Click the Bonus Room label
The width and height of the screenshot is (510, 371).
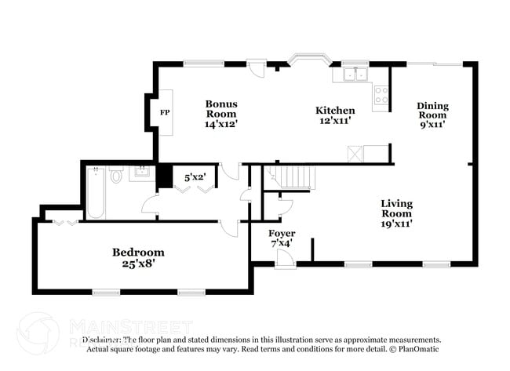click(221, 113)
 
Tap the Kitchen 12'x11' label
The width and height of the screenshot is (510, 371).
click(335, 115)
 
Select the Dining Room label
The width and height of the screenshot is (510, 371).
click(432, 115)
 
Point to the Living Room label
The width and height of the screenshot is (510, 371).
click(396, 213)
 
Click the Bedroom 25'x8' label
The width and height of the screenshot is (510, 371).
click(138, 257)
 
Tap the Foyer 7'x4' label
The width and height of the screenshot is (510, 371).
click(281, 238)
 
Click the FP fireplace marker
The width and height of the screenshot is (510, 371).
click(165, 113)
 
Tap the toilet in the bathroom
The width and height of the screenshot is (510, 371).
click(116, 175)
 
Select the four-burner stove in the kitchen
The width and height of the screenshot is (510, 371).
click(381, 95)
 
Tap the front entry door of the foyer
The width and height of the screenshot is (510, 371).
click(285, 258)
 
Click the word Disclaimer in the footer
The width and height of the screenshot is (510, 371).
click(103, 340)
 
